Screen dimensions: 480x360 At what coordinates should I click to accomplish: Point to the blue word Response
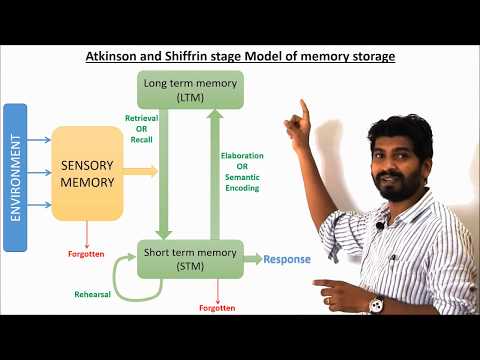click(287, 259)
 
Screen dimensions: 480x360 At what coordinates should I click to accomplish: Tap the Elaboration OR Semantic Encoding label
click(241, 171)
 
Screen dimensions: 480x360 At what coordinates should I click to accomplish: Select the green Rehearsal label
click(93, 294)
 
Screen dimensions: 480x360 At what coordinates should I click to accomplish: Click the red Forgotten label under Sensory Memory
click(88, 254)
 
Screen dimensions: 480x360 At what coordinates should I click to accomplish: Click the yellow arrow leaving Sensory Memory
click(143, 172)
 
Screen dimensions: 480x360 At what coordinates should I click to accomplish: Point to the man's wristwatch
click(376, 304)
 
